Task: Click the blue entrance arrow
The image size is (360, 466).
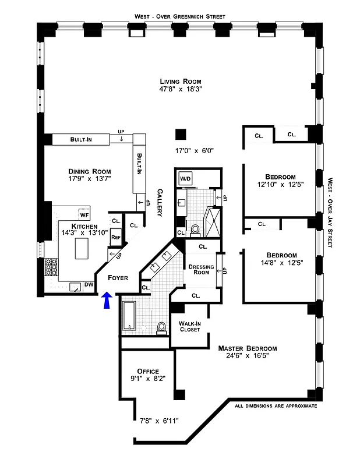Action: point(106,301)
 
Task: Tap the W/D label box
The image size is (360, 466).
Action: point(186,178)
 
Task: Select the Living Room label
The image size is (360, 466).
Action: point(180,81)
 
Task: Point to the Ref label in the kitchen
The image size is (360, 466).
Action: point(115,237)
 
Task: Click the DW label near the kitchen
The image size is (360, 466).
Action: point(89,285)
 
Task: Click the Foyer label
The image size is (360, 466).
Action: point(118,278)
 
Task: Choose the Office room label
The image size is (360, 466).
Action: point(147,371)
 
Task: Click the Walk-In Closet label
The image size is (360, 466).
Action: point(189,326)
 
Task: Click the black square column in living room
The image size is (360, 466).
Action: point(181,134)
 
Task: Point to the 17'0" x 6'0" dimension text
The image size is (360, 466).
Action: point(195,150)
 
